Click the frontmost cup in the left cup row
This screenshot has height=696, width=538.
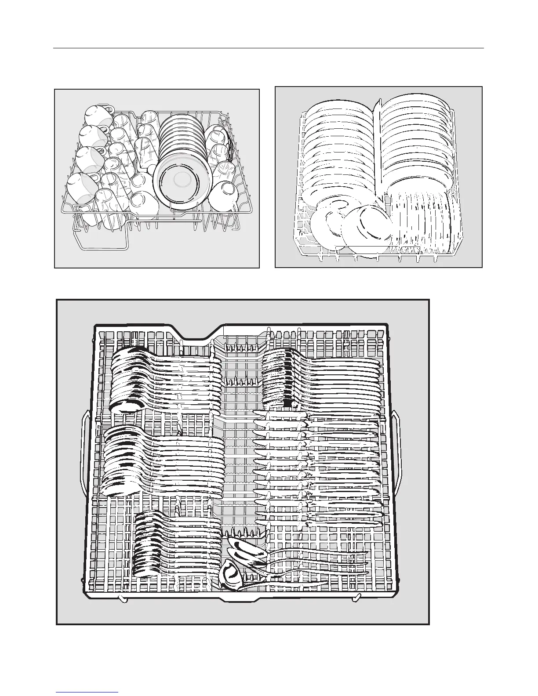[82, 189]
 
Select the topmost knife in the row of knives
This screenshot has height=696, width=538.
[281, 414]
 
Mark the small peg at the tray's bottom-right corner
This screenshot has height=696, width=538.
[357, 597]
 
